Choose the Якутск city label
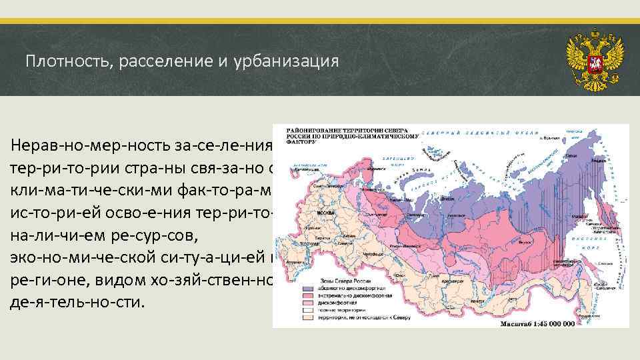click(513, 220)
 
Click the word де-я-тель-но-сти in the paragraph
click(77, 301)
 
